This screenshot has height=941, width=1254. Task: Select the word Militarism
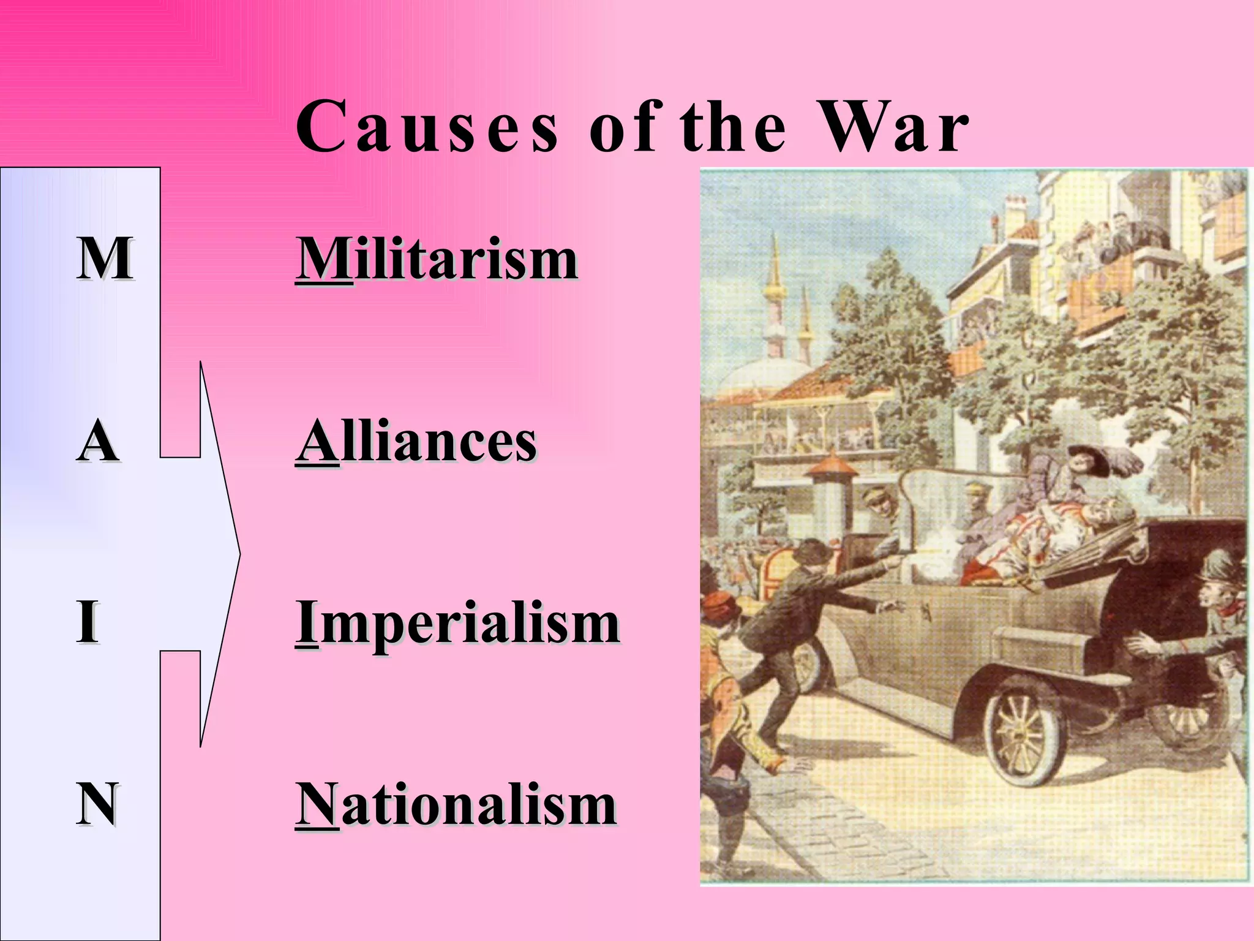437,260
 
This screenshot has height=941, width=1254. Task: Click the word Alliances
416,441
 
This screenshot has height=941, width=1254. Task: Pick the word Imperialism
457,622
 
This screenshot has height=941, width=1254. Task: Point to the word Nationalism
456,805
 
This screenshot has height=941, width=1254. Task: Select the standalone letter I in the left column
88,622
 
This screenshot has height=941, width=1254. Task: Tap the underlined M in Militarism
323,260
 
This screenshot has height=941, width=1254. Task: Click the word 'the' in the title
732,127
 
